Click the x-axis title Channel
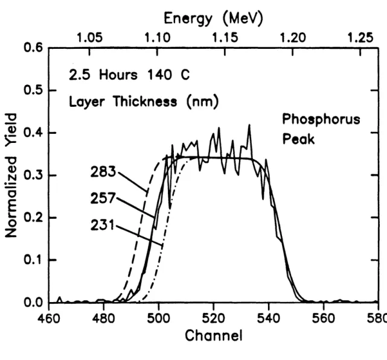point(214,336)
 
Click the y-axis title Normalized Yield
point(11,175)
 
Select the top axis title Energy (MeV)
point(214,19)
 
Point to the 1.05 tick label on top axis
point(89,38)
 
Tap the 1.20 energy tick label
point(293,38)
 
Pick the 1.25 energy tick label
point(360,38)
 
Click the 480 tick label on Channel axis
point(104,318)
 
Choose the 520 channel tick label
point(214,318)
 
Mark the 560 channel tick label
point(324,318)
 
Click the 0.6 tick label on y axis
point(33,48)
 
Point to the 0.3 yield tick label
point(33,175)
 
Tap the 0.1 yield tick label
point(33,260)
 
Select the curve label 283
point(103,172)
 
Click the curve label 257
point(103,198)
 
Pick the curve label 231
point(103,225)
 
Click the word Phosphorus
point(321,120)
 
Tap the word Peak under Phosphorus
point(298,139)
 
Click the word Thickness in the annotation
point(145,101)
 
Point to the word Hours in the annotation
point(118,75)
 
